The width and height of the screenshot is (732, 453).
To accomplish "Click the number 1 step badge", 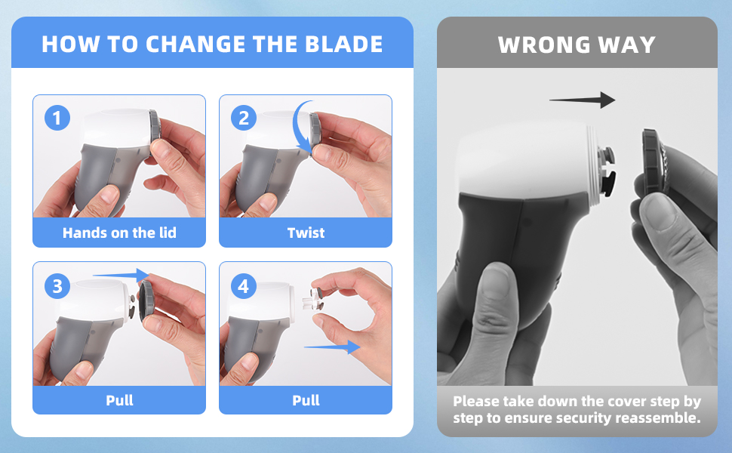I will (x=57, y=118).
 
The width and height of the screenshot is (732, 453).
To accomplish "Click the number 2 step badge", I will (x=243, y=118).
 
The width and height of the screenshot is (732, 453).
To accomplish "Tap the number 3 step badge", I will (x=57, y=285).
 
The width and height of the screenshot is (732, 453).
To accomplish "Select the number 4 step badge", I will (x=243, y=286).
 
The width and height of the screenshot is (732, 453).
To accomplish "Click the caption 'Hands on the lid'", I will (x=119, y=233).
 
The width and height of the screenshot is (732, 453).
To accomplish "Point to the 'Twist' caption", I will (x=306, y=233).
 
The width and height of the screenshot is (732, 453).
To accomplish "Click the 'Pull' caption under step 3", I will (x=119, y=400).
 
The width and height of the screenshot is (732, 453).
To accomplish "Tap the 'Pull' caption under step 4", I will (x=306, y=400).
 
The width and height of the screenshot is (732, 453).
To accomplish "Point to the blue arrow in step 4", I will (x=331, y=347).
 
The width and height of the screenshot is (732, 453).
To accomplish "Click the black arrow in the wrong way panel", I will (x=582, y=100).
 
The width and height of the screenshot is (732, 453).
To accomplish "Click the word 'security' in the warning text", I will (x=581, y=417).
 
